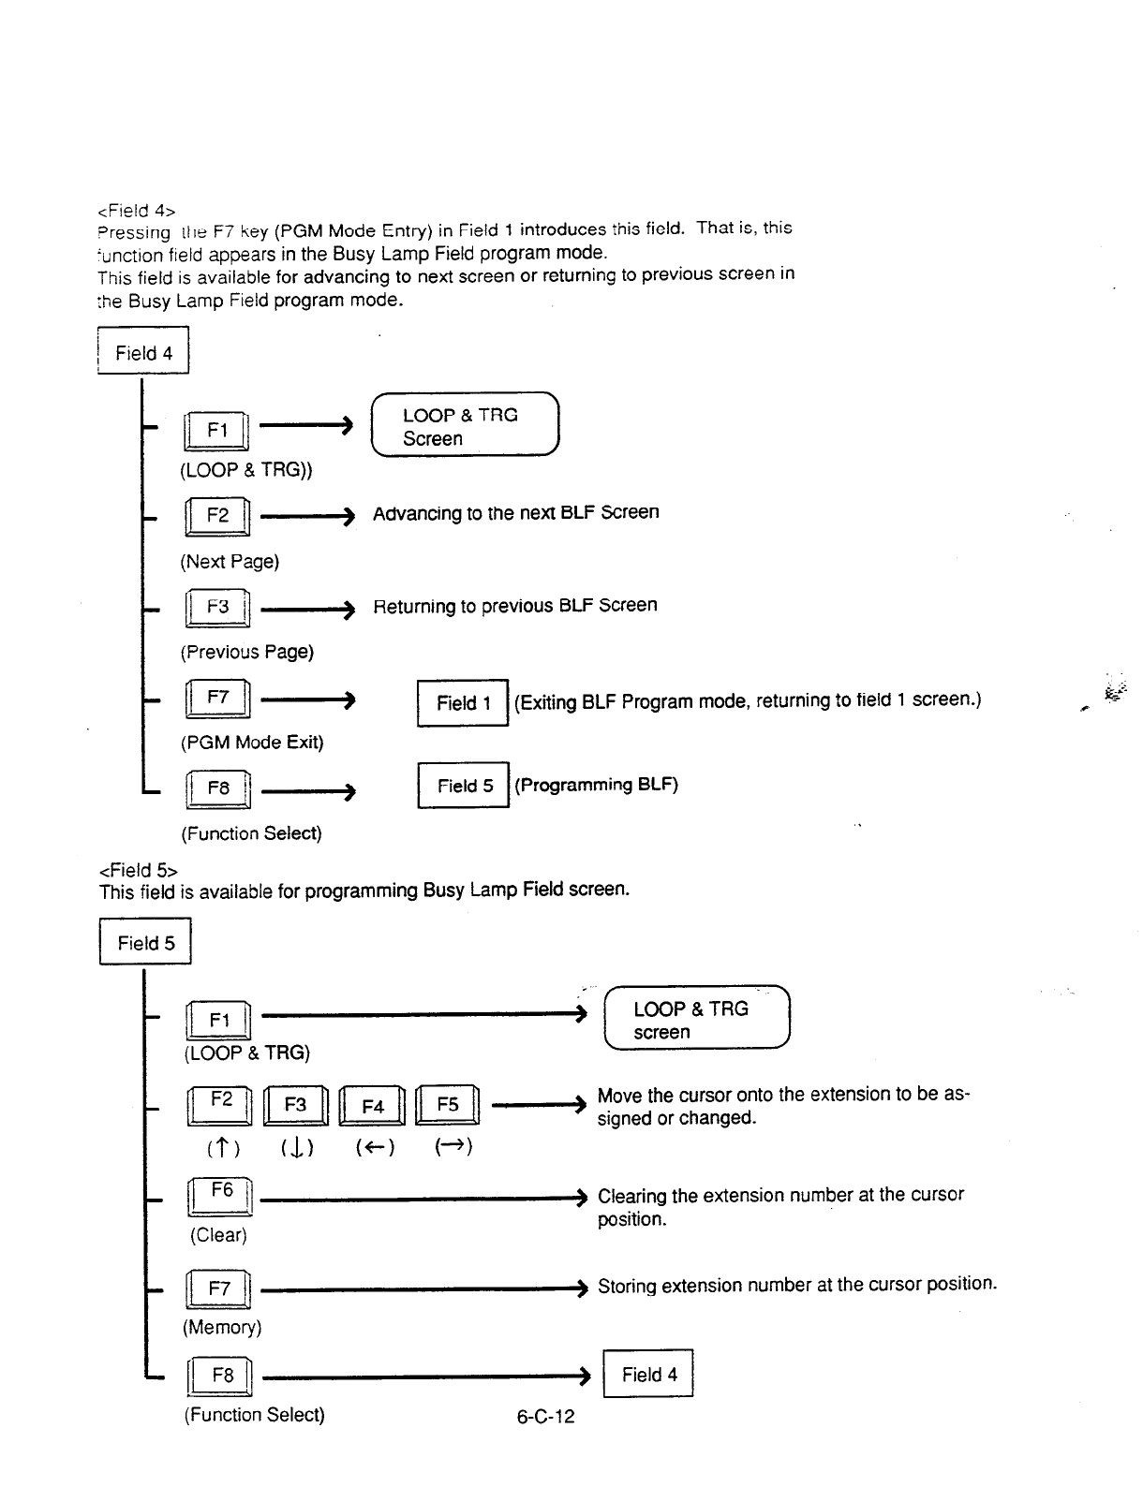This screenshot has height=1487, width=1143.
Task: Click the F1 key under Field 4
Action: click(216, 431)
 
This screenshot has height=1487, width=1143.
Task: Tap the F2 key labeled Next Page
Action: click(217, 516)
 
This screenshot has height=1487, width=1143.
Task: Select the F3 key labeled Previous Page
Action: click(217, 607)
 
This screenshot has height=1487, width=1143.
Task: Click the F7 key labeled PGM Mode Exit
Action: click(217, 699)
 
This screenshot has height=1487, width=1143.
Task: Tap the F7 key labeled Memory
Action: click(219, 1289)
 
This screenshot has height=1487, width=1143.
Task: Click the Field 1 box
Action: click(463, 702)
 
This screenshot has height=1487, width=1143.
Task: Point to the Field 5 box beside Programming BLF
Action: click(464, 786)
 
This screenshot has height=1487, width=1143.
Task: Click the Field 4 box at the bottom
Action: click(648, 1374)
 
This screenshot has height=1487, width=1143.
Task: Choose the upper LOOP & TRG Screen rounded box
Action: click(465, 427)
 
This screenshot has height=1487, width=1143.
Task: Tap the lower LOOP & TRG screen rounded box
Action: click(697, 1020)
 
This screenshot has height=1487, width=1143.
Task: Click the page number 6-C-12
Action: click(545, 1417)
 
